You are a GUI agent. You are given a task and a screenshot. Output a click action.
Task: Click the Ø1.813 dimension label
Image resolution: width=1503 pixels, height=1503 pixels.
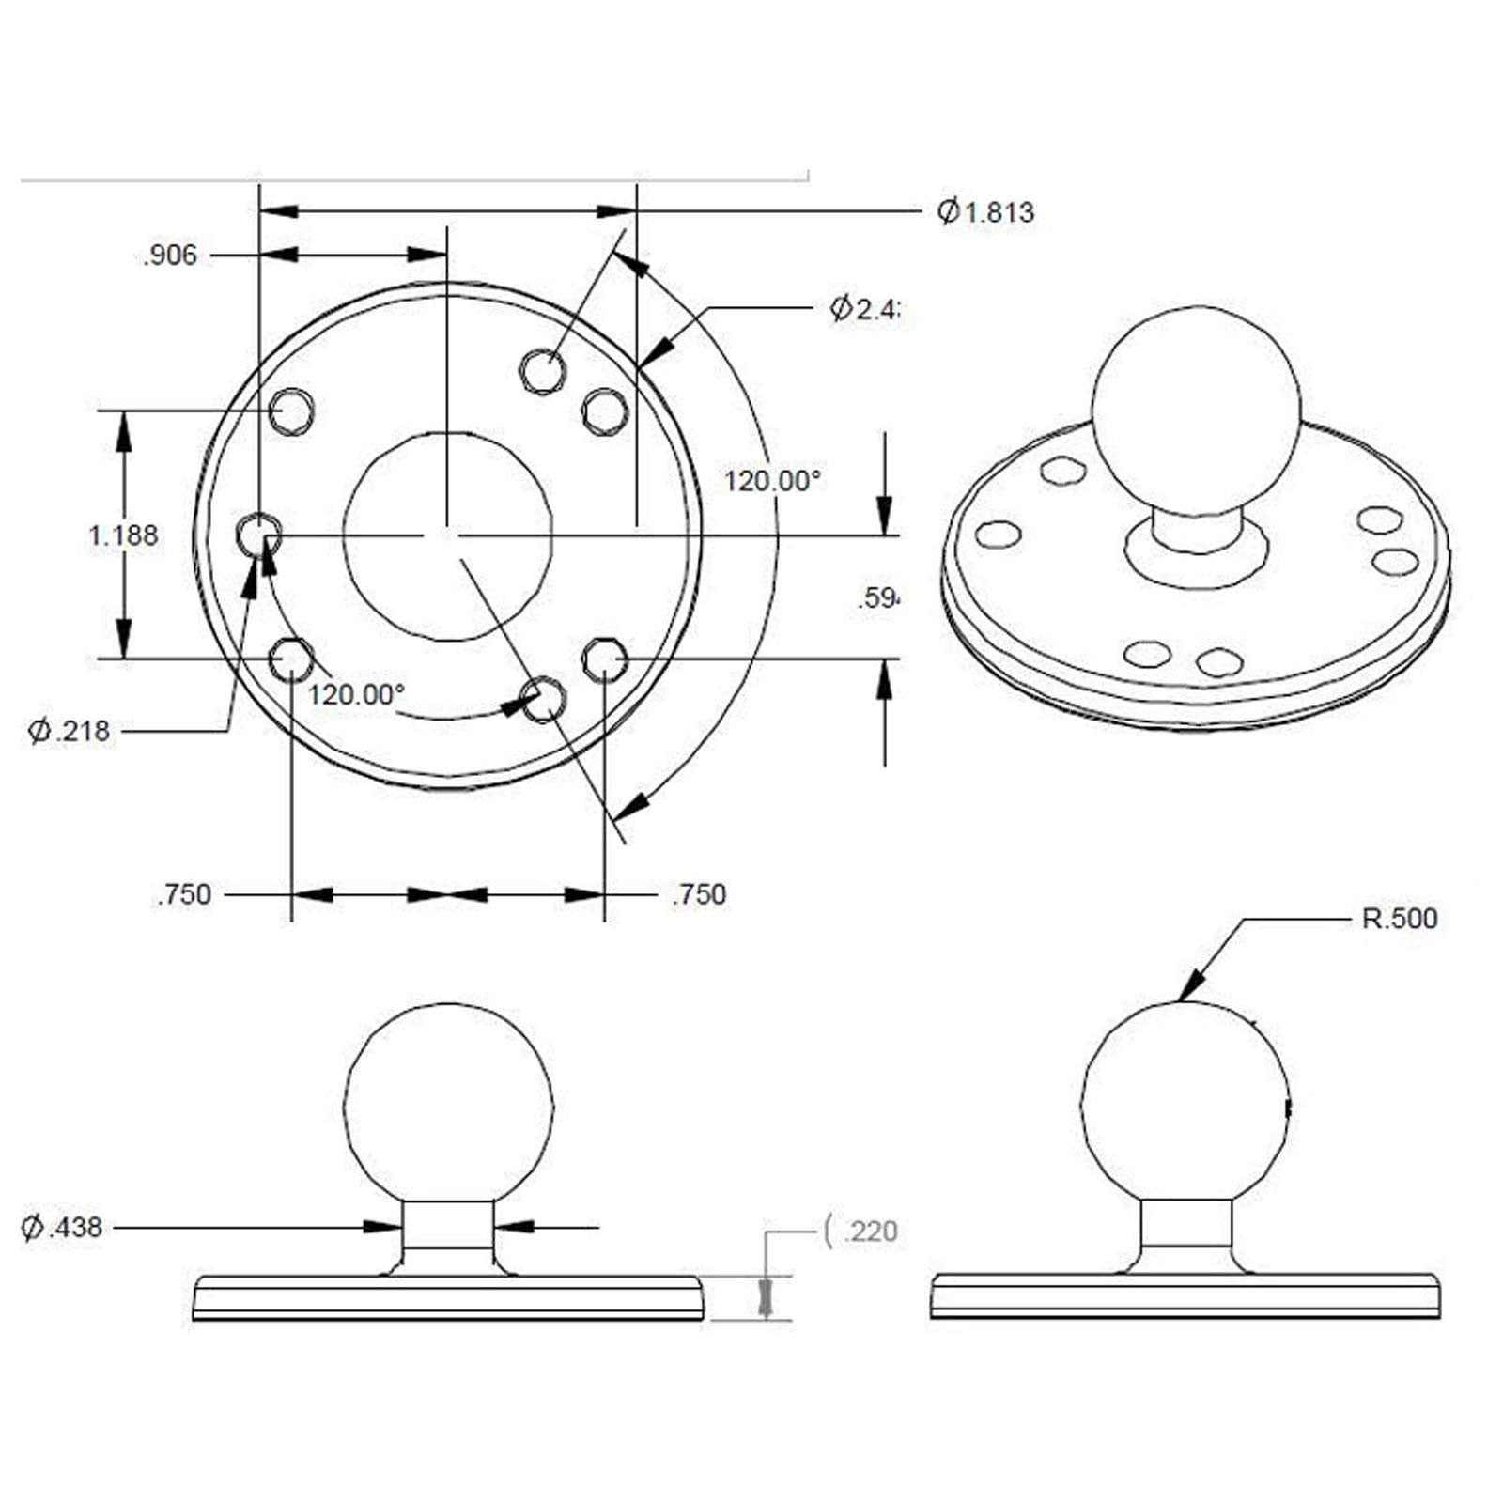pyautogui.click(x=985, y=212)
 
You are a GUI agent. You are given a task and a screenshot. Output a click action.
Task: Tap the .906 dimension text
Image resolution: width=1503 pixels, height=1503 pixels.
pyautogui.click(x=170, y=256)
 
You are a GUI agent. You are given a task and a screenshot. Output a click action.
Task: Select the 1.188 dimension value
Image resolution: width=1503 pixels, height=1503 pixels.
pyautogui.click(x=123, y=535)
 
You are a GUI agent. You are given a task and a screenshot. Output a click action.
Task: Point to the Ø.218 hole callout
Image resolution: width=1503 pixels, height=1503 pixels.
pyautogui.click(x=70, y=731)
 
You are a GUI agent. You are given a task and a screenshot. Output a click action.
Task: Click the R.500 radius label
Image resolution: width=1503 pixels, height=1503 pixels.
pyautogui.click(x=1399, y=919)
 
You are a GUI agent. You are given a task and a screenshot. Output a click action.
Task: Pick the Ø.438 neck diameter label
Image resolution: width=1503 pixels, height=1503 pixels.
pyautogui.click(x=62, y=1227)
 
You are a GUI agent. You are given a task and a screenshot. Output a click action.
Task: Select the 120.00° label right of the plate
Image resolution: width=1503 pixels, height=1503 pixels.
pyautogui.click(x=772, y=481)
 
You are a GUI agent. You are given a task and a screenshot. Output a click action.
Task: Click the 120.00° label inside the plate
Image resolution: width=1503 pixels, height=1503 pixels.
pyautogui.click(x=357, y=695)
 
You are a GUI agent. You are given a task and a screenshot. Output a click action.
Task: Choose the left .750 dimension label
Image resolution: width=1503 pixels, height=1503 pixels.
pyautogui.click(x=184, y=894)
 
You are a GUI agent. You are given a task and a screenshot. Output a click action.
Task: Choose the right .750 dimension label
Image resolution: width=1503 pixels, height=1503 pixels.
pyautogui.click(x=699, y=894)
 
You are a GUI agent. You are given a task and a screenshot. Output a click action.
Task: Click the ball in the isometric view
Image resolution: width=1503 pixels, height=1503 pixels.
pyautogui.click(x=1197, y=410)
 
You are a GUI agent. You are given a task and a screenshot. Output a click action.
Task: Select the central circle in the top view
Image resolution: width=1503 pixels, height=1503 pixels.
pyautogui.click(x=447, y=535)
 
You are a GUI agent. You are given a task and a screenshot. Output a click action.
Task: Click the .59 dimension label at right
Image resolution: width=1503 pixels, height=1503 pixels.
pyautogui.click(x=878, y=598)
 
